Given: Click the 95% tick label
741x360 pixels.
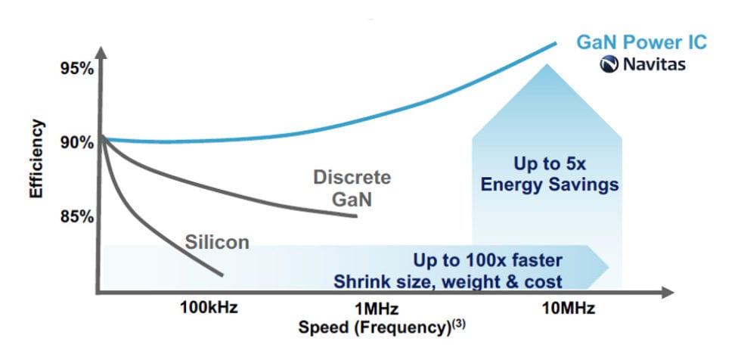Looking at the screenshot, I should (x=77, y=69).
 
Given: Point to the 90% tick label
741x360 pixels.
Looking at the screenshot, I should (x=77, y=142).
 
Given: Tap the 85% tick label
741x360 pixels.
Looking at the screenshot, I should (x=77, y=217).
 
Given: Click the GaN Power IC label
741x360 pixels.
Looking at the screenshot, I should (x=641, y=42).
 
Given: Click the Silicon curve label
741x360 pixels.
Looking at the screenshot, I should (x=217, y=243).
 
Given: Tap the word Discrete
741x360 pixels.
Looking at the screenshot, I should (x=353, y=178).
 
